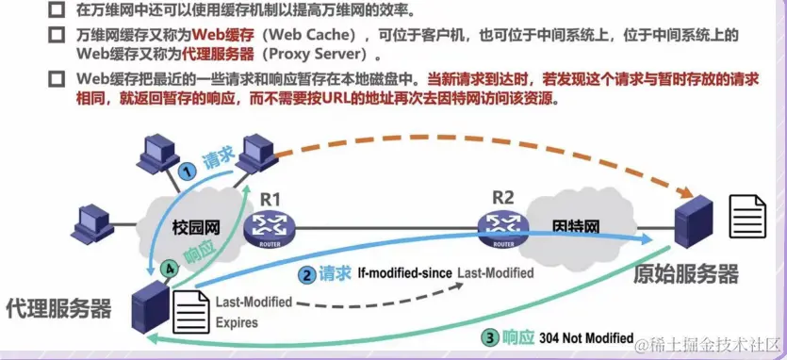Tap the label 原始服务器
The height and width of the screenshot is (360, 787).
pyautogui.click(x=685, y=273)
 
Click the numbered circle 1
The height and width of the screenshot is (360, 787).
pyautogui.click(x=188, y=171)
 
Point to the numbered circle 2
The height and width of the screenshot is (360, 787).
pyautogui.click(x=306, y=275)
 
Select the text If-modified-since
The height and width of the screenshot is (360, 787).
pyautogui.click(x=404, y=273)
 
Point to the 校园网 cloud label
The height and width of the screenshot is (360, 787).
pyautogui.click(x=197, y=229)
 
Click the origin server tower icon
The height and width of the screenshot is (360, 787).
pyautogui.click(x=691, y=222)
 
